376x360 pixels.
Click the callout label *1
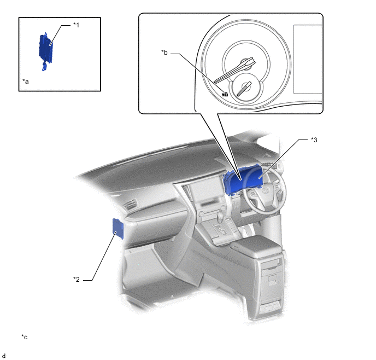pos(76,25)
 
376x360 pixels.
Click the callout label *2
pos(77,280)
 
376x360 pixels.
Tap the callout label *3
pos(314,140)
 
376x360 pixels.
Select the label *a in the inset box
pos(26,82)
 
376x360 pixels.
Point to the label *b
pos(164,53)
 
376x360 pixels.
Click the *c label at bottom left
pos(24,337)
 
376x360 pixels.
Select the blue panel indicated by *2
pos(118,229)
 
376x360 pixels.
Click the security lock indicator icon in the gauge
pos(225,94)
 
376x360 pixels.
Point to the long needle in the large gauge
pos(235,70)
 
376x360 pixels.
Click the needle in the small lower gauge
pos(244,89)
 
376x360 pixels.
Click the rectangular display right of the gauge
pos(308,59)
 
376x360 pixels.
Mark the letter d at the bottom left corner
pos(4,356)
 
